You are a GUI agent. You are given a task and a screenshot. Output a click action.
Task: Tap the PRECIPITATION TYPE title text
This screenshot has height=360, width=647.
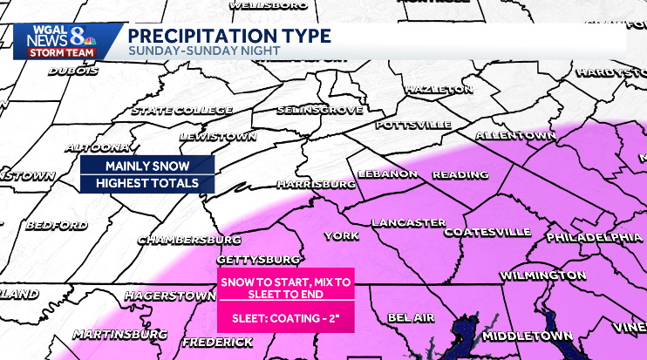pyautogui.click(x=229, y=36)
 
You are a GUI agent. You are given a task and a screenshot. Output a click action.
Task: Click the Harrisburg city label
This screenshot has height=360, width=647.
pyautogui.click(x=316, y=185)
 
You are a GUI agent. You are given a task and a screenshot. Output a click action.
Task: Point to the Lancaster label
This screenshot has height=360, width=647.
pyautogui.click(x=408, y=223)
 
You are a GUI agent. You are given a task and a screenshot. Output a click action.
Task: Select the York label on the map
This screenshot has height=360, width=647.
pyautogui.click(x=341, y=236)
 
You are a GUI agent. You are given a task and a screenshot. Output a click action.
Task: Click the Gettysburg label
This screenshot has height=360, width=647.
pyautogui.click(x=257, y=260)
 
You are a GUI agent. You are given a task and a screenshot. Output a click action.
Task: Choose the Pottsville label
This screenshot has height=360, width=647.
pyautogui.click(x=412, y=125)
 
